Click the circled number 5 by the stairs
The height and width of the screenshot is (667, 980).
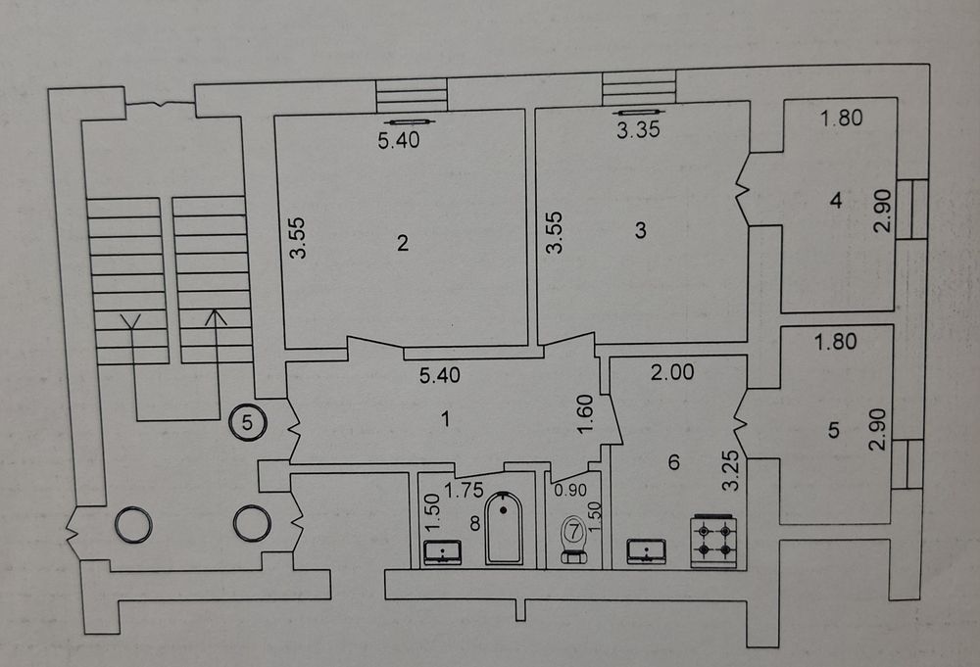[248, 423]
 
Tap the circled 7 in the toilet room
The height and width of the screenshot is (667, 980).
[573, 532]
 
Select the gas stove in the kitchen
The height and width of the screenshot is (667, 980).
[713, 541]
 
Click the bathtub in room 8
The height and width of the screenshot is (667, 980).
[504, 528]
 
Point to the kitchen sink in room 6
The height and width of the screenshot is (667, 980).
[646, 551]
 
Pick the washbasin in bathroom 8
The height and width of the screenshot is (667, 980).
[443, 552]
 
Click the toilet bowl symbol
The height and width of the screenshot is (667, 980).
[573, 541]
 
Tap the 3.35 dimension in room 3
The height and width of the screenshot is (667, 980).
[638, 130]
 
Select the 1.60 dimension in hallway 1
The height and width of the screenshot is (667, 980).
[585, 414]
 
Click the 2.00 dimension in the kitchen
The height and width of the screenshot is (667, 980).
[672, 372]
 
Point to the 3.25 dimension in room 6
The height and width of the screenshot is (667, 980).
[731, 471]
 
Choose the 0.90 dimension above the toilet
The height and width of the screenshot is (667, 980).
[570, 491]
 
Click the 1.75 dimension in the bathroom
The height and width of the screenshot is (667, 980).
[464, 491]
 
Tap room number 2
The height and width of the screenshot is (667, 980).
[403, 242]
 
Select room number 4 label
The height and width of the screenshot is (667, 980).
[836, 201]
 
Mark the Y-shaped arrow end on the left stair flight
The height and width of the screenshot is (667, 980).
[130, 322]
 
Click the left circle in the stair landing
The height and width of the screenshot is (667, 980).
[133, 524]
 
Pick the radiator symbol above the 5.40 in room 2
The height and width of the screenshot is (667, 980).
[405, 121]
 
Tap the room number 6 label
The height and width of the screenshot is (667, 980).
[673, 462]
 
